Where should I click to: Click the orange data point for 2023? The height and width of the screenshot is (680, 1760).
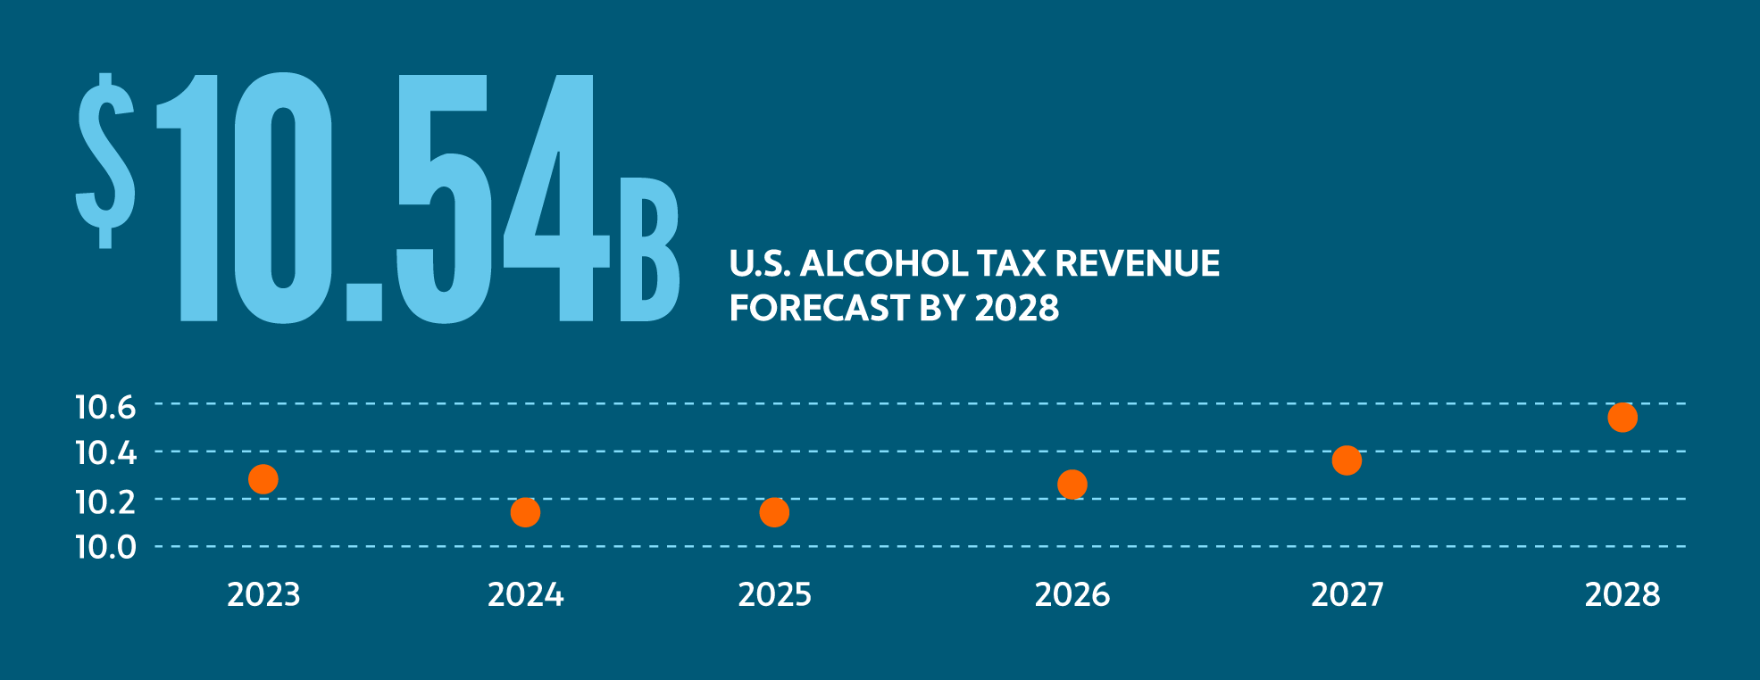(x=263, y=479)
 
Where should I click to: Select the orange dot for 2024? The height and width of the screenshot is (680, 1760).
(x=525, y=512)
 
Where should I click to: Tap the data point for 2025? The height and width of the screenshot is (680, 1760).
(x=774, y=512)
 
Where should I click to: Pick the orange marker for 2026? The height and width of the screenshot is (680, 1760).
(x=1072, y=485)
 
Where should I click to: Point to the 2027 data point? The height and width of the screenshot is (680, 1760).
(x=1347, y=460)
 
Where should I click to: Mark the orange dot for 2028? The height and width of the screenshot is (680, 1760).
(x=1622, y=417)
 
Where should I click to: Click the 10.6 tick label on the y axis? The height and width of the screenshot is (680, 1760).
(x=105, y=408)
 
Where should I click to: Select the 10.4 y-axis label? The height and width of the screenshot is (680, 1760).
(x=105, y=453)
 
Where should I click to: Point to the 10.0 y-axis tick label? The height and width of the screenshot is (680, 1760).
(x=105, y=547)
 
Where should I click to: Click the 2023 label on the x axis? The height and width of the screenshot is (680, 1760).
(x=263, y=595)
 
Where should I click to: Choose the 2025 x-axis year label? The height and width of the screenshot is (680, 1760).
(x=774, y=595)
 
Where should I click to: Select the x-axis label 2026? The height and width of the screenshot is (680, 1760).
(x=1072, y=595)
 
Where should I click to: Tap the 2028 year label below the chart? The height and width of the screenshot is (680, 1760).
(x=1622, y=595)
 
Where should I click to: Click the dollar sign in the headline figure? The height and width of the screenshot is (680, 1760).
(x=105, y=161)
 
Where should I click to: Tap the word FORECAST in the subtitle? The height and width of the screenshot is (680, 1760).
(x=819, y=309)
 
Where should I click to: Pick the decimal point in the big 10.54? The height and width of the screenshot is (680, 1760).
(x=364, y=303)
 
